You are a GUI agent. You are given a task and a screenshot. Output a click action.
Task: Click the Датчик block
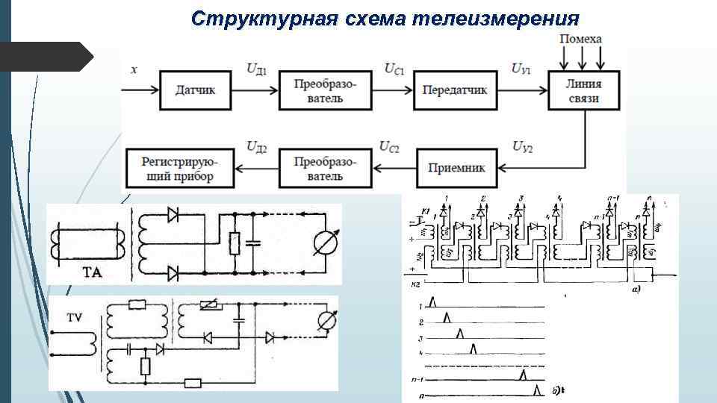(x=195, y=90)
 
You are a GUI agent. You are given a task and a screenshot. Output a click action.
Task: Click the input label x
(x=134, y=69)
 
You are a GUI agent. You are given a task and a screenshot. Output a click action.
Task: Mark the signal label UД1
(x=257, y=69)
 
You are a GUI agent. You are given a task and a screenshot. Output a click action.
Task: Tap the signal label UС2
(x=389, y=146)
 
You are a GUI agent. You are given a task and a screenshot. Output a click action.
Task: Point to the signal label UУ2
(x=522, y=146)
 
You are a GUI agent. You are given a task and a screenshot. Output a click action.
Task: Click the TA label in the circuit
(x=93, y=273)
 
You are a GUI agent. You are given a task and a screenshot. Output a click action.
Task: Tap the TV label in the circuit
(x=75, y=317)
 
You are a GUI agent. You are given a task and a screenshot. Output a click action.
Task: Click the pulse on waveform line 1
(x=435, y=301)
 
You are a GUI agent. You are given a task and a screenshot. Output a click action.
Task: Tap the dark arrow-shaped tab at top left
(x=45, y=57)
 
